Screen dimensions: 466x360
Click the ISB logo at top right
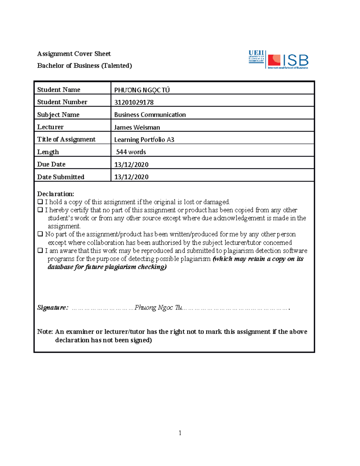[288, 61]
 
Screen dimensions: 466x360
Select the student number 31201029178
[134, 102]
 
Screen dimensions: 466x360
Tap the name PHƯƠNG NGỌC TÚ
[142, 90]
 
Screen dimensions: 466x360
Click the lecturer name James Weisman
[137, 127]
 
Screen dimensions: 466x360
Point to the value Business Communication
[150, 115]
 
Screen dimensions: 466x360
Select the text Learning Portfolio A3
[144, 140]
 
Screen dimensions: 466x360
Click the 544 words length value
[131, 152]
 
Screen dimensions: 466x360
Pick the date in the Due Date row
[131, 164]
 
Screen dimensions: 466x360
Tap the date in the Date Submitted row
[131, 177]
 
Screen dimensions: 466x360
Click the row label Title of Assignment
[66, 139]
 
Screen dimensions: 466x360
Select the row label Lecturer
[50, 127]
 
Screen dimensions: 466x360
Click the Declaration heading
[55, 194]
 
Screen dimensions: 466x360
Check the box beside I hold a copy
[40, 202]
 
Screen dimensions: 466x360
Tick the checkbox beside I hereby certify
[40, 210]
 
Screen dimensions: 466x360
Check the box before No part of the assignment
[40, 234]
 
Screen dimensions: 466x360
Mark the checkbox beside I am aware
[40, 250]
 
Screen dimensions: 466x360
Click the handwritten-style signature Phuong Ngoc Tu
[158, 308]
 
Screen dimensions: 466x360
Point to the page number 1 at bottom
[180, 433]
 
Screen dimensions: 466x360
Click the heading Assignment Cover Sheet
[74, 54]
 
